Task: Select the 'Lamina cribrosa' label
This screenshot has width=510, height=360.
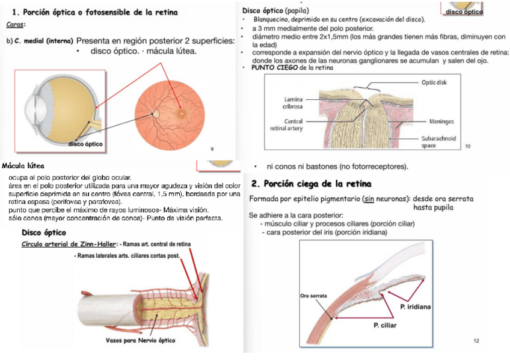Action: (x=293, y=103)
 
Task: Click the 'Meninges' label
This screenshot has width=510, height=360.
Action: (x=441, y=121)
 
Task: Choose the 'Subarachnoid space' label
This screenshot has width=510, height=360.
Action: (x=438, y=141)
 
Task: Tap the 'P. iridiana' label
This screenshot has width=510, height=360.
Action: (x=415, y=307)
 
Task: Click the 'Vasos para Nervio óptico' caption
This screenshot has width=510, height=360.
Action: (x=140, y=341)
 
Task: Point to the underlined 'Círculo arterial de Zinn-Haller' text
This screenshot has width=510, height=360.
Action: (x=69, y=245)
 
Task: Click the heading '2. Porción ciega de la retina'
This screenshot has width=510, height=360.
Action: (x=311, y=183)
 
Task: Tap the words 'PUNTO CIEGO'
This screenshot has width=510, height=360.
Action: (x=271, y=67)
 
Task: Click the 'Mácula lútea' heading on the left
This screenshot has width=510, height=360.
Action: (x=23, y=165)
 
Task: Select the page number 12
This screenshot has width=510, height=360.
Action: (x=476, y=341)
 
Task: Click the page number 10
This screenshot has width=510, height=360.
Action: (x=467, y=146)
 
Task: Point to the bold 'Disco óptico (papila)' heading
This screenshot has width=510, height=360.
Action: (x=275, y=11)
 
